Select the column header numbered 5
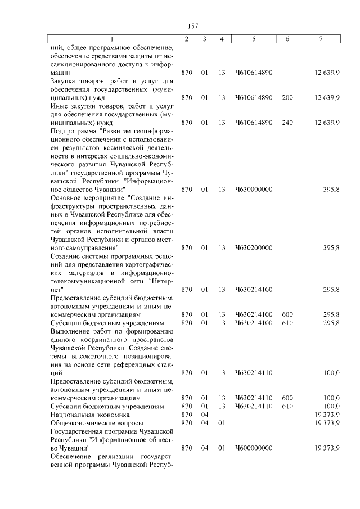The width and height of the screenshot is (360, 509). tap(254, 39)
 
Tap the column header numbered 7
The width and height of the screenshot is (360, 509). tap(320, 39)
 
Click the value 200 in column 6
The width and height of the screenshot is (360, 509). tap(287, 97)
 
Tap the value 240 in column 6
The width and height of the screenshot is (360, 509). tap(287, 122)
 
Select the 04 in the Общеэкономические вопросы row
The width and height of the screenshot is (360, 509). tap(204, 422)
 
